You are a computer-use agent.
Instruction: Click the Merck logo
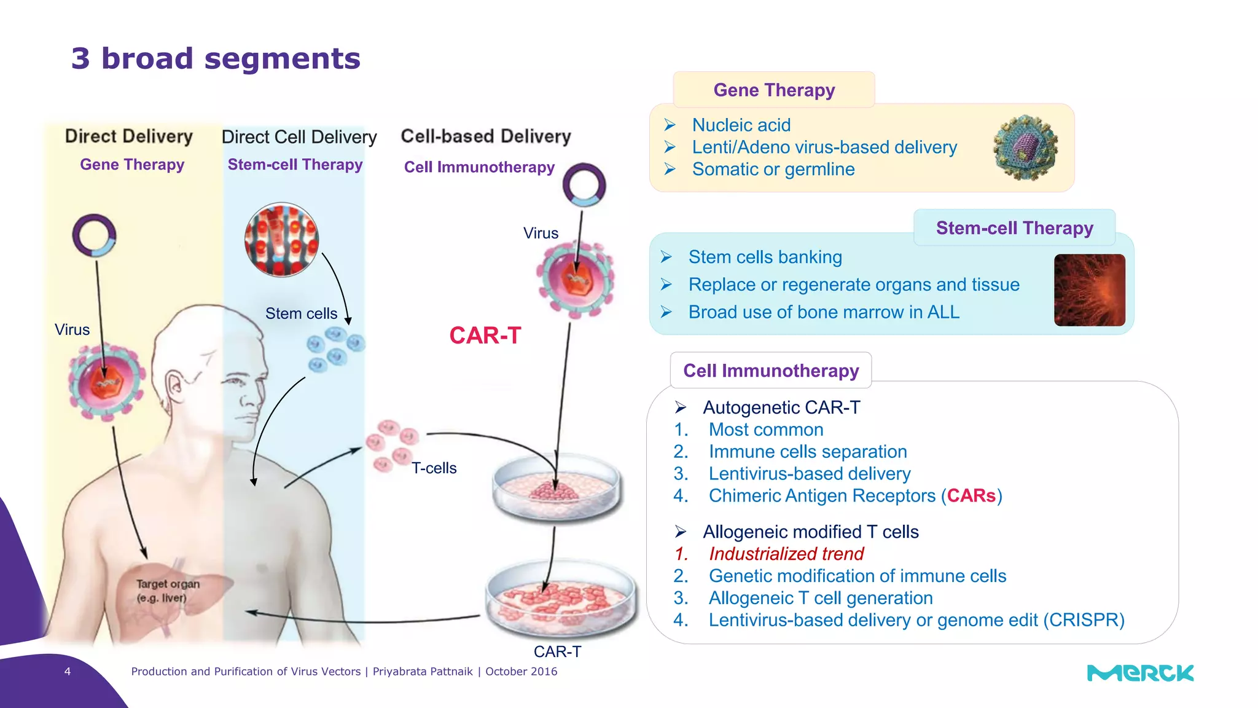[x=1140, y=673]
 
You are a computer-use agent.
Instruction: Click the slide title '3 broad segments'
[x=216, y=59]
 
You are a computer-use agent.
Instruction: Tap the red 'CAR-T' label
[x=485, y=336]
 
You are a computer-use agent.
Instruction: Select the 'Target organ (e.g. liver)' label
[x=168, y=591]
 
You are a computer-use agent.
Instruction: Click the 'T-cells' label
[x=434, y=468]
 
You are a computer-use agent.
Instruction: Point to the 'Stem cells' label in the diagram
[x=301, y=313]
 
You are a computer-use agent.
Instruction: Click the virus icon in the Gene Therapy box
[x=1025, y=147]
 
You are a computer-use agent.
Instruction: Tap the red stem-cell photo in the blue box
[x=1089, y=290]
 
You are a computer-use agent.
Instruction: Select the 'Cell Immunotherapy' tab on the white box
[x=770, y=371]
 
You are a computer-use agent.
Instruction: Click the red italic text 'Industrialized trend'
[x=786, y=554]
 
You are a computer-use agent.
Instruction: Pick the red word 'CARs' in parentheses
[x=971, y=495]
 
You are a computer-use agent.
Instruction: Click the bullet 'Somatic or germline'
[x=773, y=169]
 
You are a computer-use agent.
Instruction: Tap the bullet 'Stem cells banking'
[x=765, y=257]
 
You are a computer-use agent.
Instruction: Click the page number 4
[x=68, y=672]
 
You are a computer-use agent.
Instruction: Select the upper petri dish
[x=557, y=488]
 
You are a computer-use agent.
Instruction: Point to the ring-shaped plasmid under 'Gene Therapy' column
[x=94, y=235]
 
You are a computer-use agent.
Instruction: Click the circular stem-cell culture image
[x=281, y=240]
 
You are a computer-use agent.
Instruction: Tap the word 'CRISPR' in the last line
[x=1084, y=620]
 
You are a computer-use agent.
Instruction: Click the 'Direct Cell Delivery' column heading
[x=299, y=137]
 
